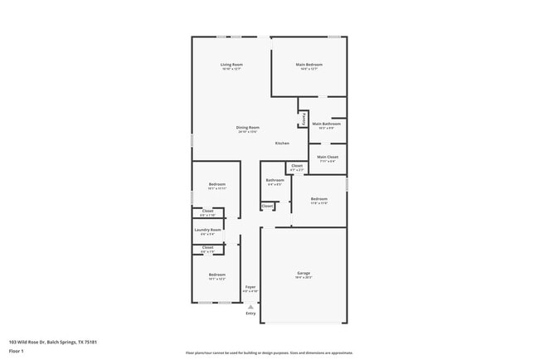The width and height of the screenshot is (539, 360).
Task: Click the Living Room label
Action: [231, 65]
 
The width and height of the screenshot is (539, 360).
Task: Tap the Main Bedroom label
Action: [309, 65]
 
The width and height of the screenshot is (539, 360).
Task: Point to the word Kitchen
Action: [282, 144]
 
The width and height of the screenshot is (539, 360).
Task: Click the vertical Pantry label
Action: [304, 120]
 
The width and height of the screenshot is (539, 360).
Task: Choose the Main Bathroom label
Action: [327, 124]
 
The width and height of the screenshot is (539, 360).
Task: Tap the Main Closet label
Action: [328, 157]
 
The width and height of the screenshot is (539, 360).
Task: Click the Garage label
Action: [303, 273]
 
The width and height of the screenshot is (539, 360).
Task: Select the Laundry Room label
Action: [208, 230]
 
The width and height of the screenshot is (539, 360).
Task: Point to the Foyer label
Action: [250, 286]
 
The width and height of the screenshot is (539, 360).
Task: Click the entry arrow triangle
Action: [250, 306]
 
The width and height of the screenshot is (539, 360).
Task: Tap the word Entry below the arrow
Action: [250, 314]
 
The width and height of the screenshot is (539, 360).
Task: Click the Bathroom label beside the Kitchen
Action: [274, 180]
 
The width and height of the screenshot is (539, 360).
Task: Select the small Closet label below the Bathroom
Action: [268, 206]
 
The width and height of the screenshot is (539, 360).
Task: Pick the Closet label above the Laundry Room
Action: [208, 211]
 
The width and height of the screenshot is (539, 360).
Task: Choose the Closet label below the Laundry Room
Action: [208, 247]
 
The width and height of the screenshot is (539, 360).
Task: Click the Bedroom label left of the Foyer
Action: [217, 275]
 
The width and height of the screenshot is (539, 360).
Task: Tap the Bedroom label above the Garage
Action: [319, 198]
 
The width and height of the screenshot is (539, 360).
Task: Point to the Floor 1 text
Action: [17, 351]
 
